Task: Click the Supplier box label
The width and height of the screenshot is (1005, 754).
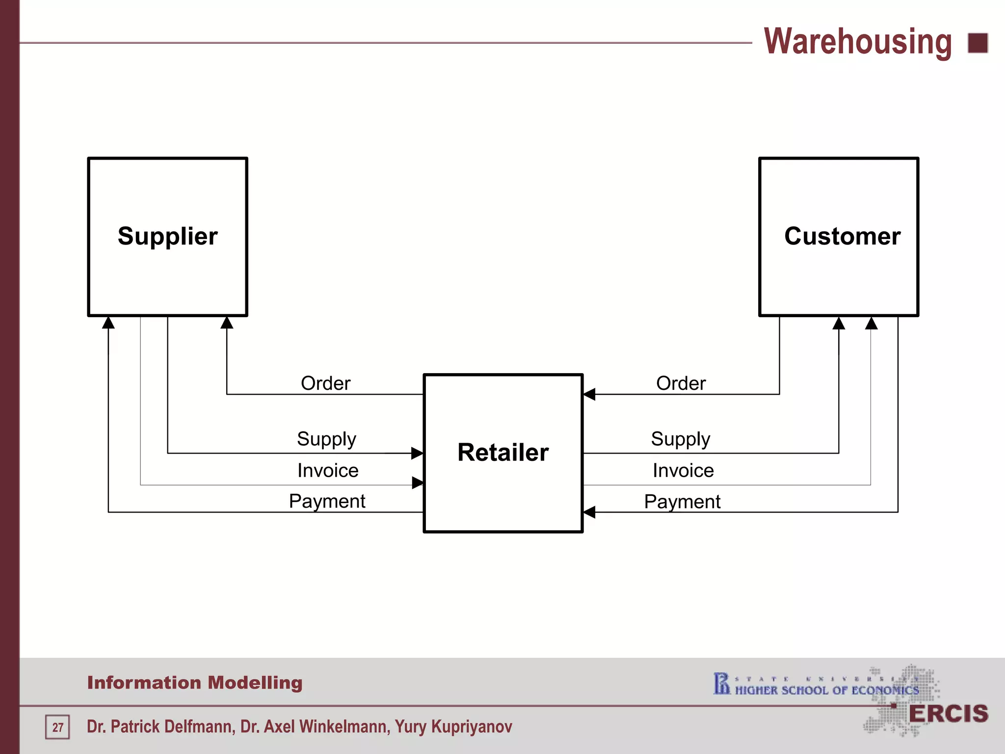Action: (167, 236)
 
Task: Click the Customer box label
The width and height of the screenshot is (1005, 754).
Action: (842, 236)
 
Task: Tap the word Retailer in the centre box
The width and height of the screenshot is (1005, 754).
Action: (503, 452)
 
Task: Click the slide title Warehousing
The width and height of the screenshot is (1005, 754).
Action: (858, 42)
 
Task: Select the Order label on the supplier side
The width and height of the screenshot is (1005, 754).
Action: (325, 383)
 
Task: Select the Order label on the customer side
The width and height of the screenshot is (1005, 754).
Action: (681, 383)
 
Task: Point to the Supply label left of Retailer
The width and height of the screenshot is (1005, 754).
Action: (326, 439)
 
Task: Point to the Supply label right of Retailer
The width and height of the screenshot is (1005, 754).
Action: (681, 439)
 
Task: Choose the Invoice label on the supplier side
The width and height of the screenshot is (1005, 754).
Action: (328, 470)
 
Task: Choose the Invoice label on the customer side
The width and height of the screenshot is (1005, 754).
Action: (683, 470)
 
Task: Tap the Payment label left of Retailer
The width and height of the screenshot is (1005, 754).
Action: (327, 501)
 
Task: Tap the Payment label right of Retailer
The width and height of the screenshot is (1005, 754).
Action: (682, 502)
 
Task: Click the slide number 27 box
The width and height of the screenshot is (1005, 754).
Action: (57, 727)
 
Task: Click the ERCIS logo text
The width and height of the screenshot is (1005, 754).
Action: (948, 714)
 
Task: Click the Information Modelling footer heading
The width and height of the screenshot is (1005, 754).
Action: (195, 682)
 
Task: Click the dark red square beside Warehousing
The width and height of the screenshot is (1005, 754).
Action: (978, 43)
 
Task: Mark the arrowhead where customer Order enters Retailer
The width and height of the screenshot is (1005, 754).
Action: (589, 394)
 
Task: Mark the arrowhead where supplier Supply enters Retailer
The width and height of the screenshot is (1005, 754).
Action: (417, 453)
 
